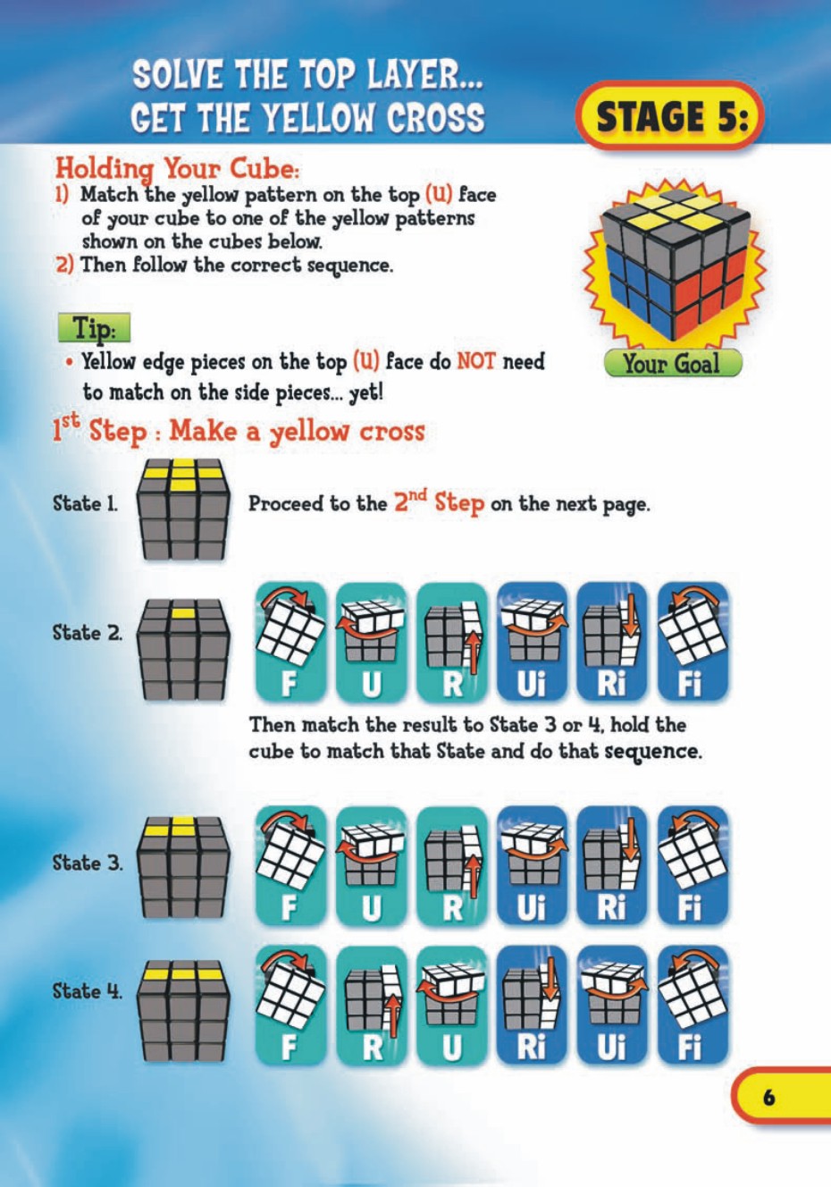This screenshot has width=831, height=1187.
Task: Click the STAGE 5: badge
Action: [x=669, y=116]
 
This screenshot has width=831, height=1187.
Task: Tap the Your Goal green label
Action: [x=671, y=363]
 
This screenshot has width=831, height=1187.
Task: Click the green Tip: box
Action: [x=94, y=328]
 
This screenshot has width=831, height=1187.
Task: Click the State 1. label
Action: [x=85, y=503]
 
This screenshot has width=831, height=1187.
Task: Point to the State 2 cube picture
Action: [x=183, y=650]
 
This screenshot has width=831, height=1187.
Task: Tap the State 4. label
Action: [x=87, y=991]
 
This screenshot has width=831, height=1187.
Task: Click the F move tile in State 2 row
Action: [x=290, y=642]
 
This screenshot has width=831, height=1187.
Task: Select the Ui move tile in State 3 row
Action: [x=532, y=865]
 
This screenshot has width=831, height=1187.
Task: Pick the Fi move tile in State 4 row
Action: [x=692, y=1006]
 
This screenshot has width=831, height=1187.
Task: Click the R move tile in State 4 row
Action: [x=371, y=1006]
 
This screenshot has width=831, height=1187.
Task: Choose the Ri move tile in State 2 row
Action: [x=612, y=642]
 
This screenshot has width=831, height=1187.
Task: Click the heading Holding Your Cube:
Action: [x=177, y=168]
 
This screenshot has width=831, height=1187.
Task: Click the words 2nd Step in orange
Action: [x=439, y=502]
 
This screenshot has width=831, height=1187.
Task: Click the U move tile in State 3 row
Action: [x=371, y=865]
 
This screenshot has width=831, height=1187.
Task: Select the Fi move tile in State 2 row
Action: [x=692, y=642]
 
